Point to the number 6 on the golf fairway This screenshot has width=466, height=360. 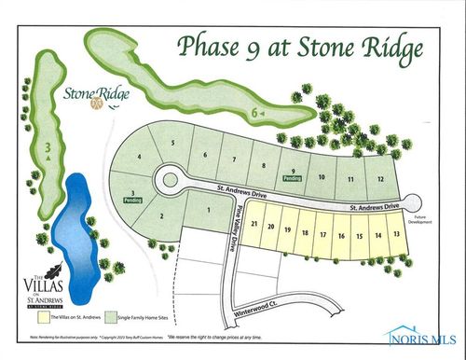[x=254, y=113]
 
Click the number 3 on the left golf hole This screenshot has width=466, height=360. [x=46, y=146]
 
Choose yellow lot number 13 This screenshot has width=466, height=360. [x=397, y=234]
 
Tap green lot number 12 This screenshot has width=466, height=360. [x=380, y=178]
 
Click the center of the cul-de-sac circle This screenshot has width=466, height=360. [x=171, y=177]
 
